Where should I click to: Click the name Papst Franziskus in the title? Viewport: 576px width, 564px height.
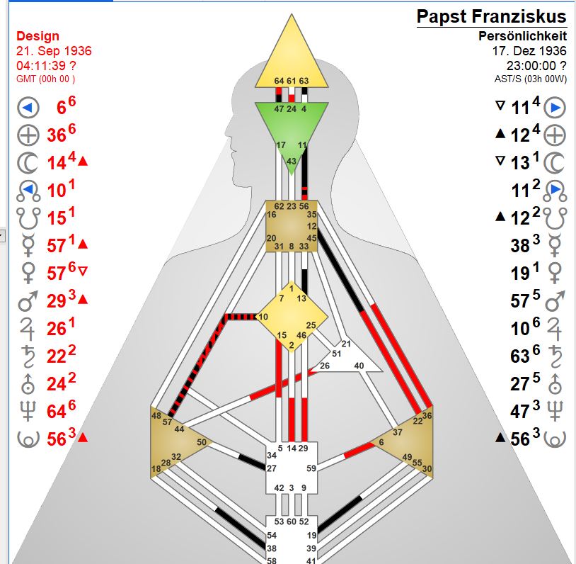click(x=491, y=17)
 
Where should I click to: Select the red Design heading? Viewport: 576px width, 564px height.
click(x=38, y=36)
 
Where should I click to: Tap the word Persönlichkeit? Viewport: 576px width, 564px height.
click(x=523, y=36)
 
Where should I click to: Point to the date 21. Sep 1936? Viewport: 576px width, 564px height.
click(x=54, y=51)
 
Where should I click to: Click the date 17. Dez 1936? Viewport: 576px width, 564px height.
click(x=529, y=51)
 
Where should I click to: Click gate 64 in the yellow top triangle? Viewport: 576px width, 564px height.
click(x=279, y=81)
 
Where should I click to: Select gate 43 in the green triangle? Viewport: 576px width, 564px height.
click(x=291, y=162)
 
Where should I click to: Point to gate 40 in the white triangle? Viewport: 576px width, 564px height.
click(x=359, y=366)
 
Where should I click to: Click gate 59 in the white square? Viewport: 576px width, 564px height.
click(x=311, y=468)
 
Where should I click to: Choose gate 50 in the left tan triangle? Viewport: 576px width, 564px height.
click(x=201, y=442)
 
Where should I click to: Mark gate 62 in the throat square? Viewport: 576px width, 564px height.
click(x=279, y=206)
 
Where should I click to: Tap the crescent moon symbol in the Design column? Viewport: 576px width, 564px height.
click(x=28, y=162)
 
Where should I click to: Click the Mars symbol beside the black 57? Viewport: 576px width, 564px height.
click(x=556, y=300)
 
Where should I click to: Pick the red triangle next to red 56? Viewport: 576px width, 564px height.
click(x=83, y=438)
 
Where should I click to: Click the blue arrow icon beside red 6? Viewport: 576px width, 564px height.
click(x=28, y=108)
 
